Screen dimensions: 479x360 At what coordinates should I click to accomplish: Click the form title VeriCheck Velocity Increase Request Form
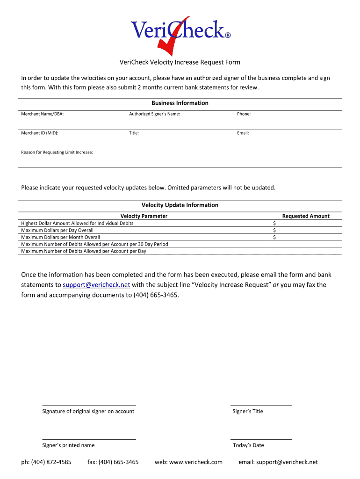click(180, 62)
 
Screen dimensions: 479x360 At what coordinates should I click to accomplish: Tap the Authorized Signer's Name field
click(180, 120)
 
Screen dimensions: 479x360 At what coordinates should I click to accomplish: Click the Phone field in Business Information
click(288, 120)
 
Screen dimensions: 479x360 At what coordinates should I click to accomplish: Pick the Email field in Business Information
click(288, 139)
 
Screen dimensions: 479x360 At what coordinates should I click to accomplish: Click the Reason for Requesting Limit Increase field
click(180, 159)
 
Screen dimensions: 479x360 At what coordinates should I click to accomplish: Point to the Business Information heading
click(180, 103)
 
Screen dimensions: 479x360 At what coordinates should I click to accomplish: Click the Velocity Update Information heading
click(180, 205)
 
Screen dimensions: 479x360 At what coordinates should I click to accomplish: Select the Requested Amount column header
click(306, 216)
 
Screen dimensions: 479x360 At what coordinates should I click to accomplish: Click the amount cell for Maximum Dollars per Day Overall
click(306, 230)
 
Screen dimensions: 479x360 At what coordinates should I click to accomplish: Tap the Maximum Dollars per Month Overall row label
click(61, 237)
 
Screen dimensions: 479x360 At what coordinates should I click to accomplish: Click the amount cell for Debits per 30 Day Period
click(306, 244)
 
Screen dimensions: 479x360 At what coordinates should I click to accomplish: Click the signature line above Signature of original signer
click(89, 405)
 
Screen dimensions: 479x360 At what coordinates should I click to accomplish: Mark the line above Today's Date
click(261, 439)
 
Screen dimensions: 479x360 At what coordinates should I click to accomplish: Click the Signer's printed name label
click(68, 445)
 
